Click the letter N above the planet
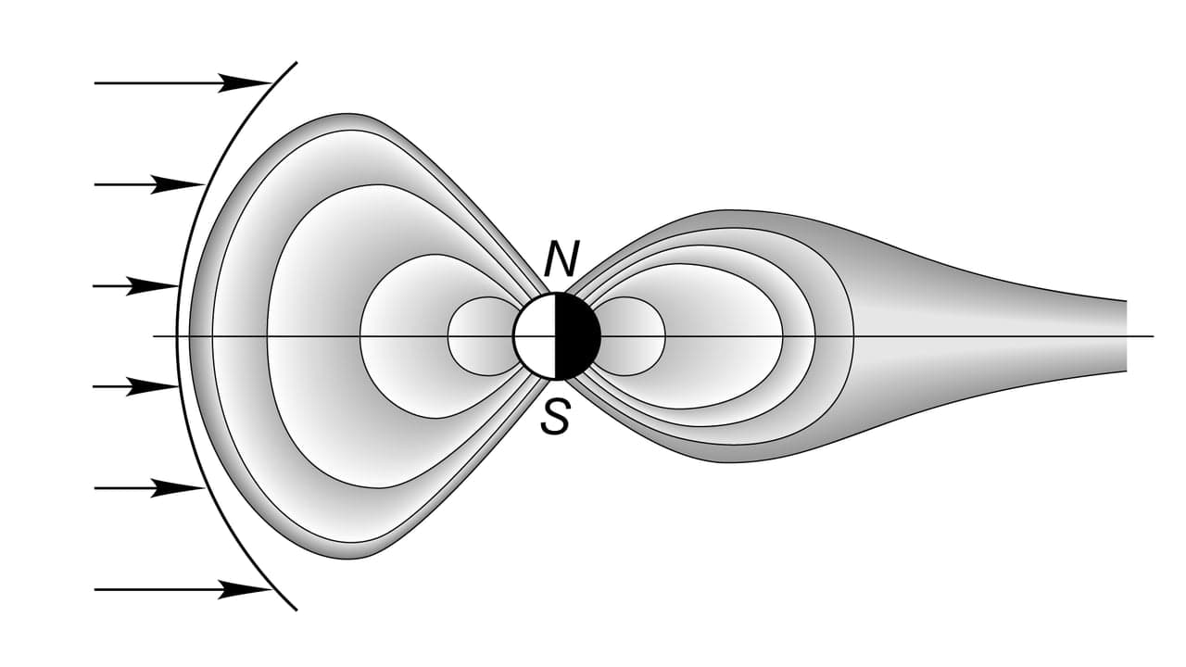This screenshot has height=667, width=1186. click(561, 258)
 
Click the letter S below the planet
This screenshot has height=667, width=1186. click(555, 417)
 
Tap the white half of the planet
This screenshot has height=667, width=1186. click(535, 336)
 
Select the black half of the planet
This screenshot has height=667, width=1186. click(577, 336)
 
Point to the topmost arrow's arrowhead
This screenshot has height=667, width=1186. click(245, 83)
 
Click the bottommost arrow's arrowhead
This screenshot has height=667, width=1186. click(245, 589)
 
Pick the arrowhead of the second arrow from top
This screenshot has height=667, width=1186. click(177, 184)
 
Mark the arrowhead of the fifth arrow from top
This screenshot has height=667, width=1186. click(177, 488)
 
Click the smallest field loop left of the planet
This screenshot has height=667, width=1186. click(449, 336)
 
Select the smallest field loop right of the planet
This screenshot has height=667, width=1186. click(664, 336)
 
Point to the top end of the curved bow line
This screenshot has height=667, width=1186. click(296, 62)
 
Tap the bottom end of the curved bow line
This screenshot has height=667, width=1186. click(296, 610)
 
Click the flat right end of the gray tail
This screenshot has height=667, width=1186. click(1126, 336)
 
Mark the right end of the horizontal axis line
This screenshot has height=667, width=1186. click(1154, 336)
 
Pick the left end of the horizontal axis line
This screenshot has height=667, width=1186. click(154, 336)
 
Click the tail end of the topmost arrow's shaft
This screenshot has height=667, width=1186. click(95, 83)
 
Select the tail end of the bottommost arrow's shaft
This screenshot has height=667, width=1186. click(95, 589)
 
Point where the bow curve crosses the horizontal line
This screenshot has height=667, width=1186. click(177, 336)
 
